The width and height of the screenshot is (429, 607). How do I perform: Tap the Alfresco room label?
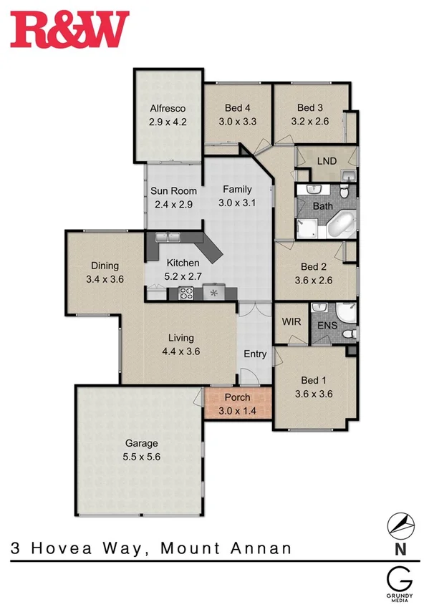[x=168, y=109]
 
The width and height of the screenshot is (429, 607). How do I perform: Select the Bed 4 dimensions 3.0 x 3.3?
[x=236, y=122]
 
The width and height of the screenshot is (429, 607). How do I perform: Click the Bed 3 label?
[x=312, y=108]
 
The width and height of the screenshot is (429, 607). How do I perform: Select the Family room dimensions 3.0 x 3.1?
[x=236, y=203]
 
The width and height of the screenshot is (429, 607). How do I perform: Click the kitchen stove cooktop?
[x=185, y=292]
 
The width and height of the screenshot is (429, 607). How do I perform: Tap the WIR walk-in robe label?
[x=290, y=322]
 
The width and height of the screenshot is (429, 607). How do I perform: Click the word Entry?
[x=255, y=354]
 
